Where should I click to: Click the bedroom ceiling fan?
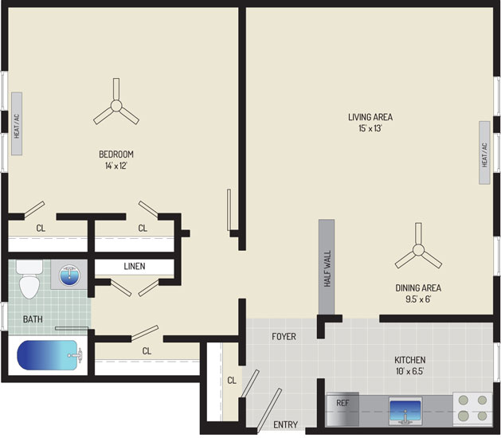(116, 105)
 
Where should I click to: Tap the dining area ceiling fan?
(418, 250)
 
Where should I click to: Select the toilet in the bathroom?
(29, 280)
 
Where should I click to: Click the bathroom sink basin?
(69, 275)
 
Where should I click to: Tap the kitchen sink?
(405, 411)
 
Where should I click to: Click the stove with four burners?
(472, 408)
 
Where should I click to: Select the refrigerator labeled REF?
(342, 409)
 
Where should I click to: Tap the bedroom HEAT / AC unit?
(17, 124)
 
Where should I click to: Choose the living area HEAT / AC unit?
(484, 152)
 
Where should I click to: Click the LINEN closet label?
(135, 266)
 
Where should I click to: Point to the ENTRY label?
(286, 424)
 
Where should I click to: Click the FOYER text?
(284, 336)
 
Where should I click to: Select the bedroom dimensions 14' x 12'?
(116, 166)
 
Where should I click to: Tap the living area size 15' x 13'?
(370, 128)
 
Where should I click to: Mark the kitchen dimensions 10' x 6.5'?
(410, 372)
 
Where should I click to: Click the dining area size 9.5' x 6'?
(418, 299)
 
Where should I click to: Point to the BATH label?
(33, 319)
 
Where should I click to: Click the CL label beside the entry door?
(232, 380)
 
